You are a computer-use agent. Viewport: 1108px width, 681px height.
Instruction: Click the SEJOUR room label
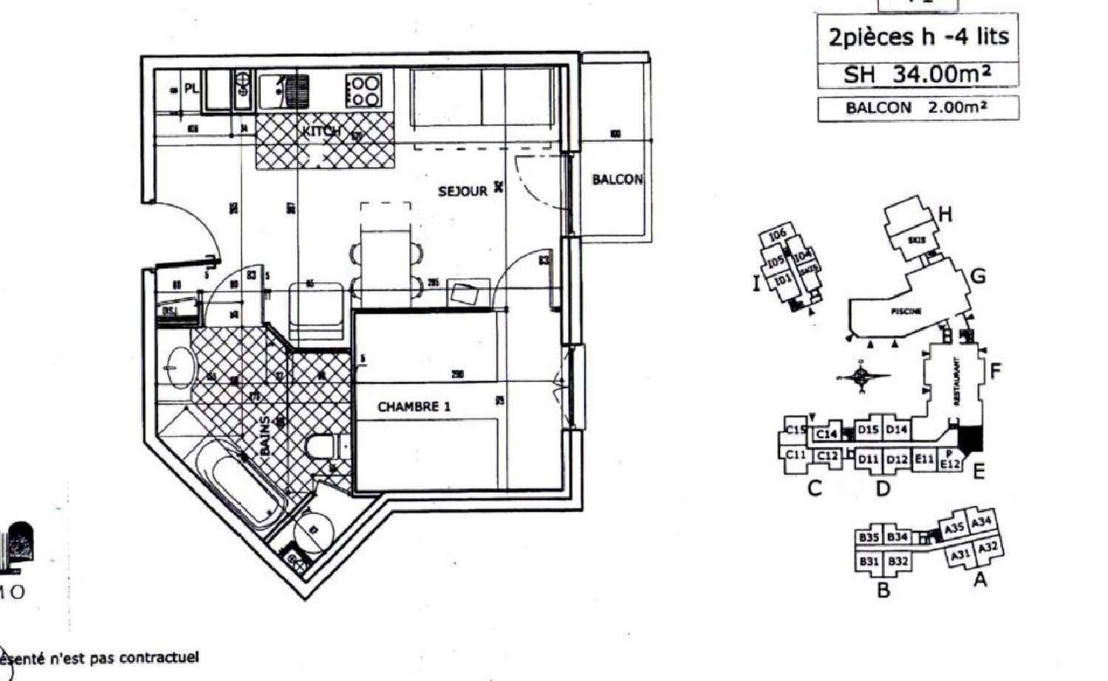pos(462,191)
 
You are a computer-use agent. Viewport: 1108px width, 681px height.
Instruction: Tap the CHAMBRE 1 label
pos(414,406)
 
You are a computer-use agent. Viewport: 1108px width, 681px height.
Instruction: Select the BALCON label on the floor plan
pos(617,179)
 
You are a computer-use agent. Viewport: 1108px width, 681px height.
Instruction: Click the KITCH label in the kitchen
pos(321,131)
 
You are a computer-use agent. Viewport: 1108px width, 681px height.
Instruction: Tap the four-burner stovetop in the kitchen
pos(363,92)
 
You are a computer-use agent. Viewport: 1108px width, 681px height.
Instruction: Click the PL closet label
pos(191,89)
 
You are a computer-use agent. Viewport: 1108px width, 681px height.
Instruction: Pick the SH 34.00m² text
pos(917,74)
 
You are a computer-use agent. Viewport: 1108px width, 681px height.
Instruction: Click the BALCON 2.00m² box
pos(917,108)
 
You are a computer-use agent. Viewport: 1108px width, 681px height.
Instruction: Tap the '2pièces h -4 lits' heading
pos(917,37)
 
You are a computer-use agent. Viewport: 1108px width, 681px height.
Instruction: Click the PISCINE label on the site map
pos(906,311)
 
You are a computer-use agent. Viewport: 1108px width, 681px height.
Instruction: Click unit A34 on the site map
pos(982,523)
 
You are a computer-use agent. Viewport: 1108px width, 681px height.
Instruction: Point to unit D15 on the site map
pos(869,429)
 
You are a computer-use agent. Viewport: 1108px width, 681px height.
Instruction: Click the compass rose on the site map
pos(861,376)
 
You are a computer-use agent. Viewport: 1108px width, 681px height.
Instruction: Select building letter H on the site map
pos(945,215)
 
